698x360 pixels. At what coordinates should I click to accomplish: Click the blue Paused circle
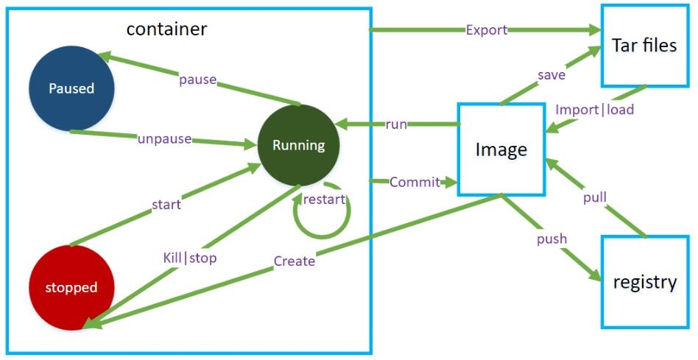pos(71,88)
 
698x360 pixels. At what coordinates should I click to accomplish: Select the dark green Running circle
pos(298,145)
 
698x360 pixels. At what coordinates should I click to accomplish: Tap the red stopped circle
pos(71,287)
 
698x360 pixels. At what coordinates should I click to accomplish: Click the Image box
pos(501,149)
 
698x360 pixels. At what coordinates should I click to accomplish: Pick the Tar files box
pos(644,46)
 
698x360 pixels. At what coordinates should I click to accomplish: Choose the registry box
pos(644,282)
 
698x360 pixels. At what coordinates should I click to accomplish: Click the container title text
pos(166,29)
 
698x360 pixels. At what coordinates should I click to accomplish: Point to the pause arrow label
pos(197,79)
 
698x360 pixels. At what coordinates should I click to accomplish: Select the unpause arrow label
pos(163,139)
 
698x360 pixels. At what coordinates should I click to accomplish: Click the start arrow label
pos(166,204)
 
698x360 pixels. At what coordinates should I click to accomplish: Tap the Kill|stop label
pos(189,258)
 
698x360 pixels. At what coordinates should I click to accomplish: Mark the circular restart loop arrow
pos(322,213)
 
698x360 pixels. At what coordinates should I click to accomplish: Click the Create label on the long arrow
pos(294,261)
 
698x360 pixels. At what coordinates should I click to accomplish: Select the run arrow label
pos(395,124)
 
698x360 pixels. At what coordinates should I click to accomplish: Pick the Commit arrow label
pos(415,182)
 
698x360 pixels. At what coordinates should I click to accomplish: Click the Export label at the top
pos(486,30)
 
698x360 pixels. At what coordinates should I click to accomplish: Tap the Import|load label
pos(594,110)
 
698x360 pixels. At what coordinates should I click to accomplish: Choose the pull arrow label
pos(594,198)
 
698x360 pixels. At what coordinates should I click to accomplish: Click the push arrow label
pos(551,239)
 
